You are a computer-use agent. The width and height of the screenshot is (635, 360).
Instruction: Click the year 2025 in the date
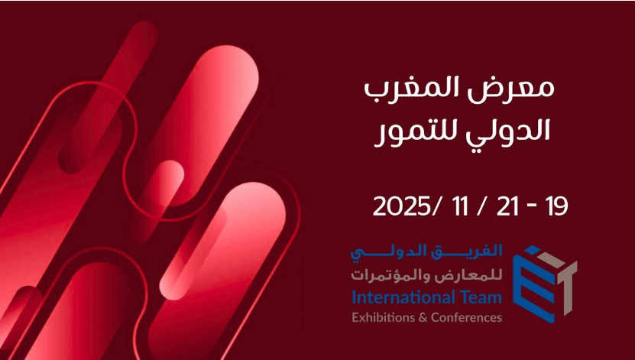pos(401,206)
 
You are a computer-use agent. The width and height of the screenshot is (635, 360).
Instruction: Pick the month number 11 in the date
pos(460,206)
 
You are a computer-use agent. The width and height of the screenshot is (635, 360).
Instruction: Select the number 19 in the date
pos(556,206)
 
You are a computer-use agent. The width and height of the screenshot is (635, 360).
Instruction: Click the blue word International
pos(401,297)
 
